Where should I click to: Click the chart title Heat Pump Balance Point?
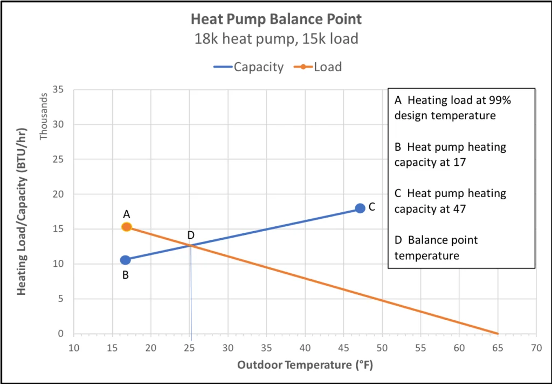tap(276, 19)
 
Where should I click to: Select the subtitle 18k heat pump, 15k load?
tap(276, 39)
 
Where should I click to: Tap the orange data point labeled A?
tap(127, 227)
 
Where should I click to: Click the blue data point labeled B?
tap(126, 260)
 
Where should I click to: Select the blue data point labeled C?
tap(360, 208)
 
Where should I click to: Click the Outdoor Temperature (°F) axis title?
tap(305, 365)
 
